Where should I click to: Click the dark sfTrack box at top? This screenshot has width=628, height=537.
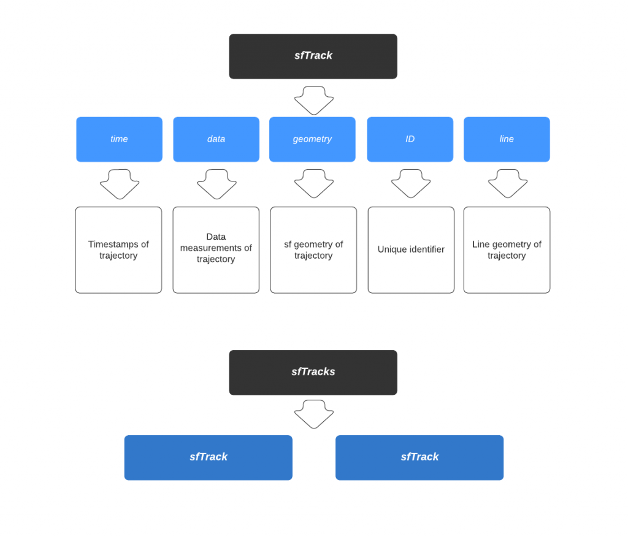313,56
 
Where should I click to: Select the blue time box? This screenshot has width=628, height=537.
119,139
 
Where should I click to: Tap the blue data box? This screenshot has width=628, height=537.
216,139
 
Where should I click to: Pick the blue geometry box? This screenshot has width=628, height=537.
312,139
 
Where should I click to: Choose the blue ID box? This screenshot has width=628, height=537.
410,139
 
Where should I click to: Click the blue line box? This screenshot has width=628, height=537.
507,139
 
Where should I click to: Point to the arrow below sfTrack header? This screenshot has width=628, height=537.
313,100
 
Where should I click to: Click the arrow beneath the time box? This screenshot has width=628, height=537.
120,183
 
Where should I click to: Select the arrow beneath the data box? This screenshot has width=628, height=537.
216,183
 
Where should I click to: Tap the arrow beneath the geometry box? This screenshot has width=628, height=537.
313,183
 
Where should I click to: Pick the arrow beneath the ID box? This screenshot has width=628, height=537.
410,183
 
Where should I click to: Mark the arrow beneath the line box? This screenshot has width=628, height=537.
507,183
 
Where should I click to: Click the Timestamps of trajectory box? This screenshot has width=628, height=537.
118,249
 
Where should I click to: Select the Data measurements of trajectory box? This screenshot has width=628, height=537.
216,249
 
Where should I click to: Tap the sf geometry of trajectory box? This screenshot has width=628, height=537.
313,249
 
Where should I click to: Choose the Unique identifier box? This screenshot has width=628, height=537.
411,249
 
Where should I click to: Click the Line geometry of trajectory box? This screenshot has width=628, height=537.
507,249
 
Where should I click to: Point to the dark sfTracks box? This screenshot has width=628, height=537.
313,372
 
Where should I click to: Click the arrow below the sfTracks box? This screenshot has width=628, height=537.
313,414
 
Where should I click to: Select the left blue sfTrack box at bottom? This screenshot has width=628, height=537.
208,457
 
